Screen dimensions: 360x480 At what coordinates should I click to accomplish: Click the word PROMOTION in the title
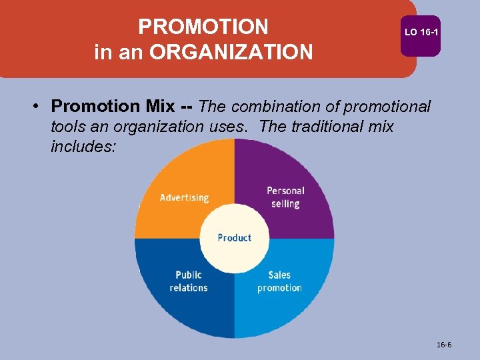pos(203,27)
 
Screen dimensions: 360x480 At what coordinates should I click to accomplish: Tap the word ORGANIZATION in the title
pos(231,52)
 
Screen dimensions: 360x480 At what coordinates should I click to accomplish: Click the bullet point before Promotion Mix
pos(40,107)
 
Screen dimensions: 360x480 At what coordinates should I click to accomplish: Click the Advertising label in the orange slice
pos(184,197)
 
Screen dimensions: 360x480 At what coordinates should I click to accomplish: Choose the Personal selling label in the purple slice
pos(285,197)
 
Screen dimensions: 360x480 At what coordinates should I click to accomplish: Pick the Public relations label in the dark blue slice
pos(189,281)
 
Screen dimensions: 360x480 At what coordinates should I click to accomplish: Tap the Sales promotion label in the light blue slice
pos(279,281)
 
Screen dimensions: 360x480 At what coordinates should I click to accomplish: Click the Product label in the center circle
pos(235,238)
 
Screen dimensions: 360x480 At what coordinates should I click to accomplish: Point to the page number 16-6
pos(444,345)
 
